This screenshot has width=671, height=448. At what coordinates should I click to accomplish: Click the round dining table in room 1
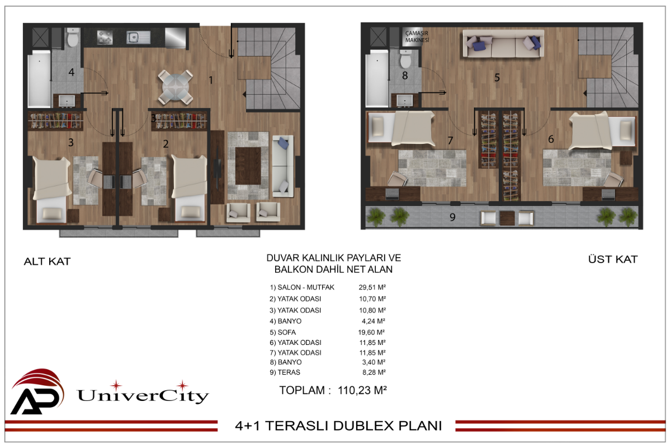(x=176, y=87)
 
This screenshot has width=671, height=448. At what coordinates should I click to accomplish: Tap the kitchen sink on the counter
(x=138, y=38)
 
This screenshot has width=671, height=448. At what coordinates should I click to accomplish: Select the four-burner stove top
(x=105, y=37)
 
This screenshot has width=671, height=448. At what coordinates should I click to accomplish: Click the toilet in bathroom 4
(x=73, y=38)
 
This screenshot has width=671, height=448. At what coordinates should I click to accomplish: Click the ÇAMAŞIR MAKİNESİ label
(x=417, y=36)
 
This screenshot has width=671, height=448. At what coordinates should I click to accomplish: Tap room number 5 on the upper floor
(x=497, y=78)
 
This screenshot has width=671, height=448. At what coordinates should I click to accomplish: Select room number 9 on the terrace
(x=452, y=217)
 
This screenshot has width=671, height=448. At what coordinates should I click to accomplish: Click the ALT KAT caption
(x=48, y=262)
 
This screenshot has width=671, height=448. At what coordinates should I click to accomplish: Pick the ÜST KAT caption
(x=613, y=259)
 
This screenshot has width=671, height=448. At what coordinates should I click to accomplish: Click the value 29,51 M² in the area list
(x=372, y=287)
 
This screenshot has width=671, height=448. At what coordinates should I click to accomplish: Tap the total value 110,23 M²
(x=362, y=390)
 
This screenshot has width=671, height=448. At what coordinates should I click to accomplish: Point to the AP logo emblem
(x=37, y=391)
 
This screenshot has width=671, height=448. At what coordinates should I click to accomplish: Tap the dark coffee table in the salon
(x=248, y=166)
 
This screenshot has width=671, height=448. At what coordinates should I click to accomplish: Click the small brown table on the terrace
(x=507, y=218)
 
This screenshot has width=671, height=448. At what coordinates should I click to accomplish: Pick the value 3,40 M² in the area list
(x=374, y=362)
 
